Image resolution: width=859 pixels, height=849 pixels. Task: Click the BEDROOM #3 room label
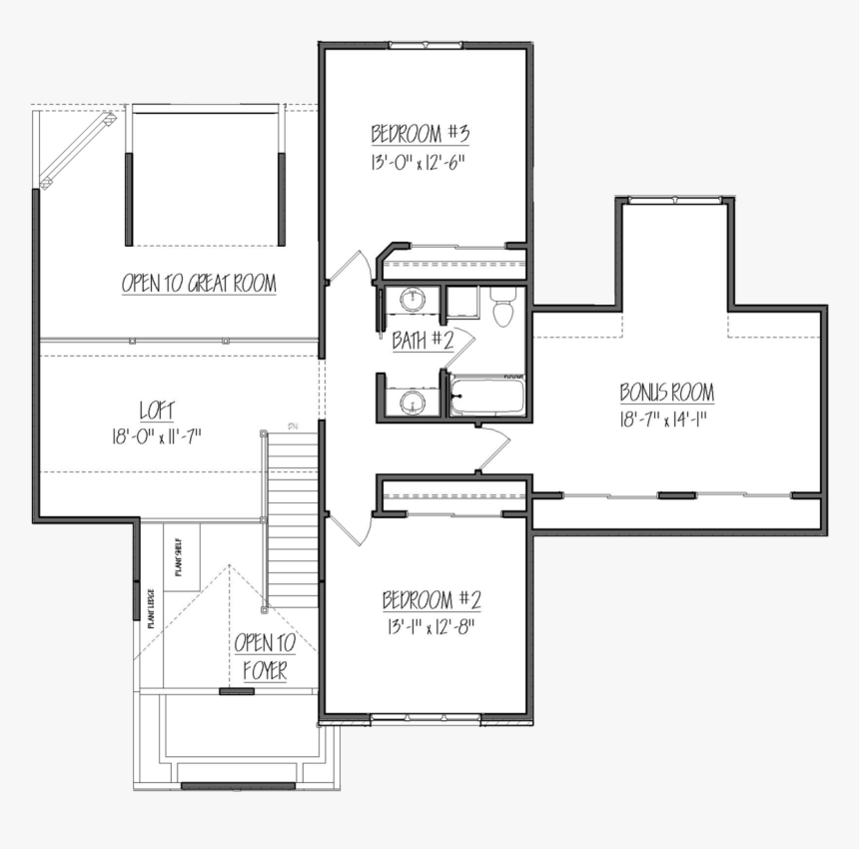point(420,134)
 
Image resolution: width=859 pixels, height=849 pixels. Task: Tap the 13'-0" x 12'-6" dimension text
point(420,161)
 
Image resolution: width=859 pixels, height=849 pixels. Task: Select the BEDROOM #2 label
point(431,600)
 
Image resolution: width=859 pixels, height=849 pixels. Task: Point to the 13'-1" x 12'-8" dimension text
point(429,627)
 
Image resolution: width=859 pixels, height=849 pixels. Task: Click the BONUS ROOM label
point(666,392)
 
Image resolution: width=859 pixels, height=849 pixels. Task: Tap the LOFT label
point(158,410)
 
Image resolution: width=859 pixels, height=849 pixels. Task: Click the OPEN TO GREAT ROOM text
point(199,284)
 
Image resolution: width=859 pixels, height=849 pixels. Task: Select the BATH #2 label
point(422,341)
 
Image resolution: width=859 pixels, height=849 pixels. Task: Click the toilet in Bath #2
point(503,307)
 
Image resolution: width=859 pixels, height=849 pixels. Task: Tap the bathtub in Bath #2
point(487,397)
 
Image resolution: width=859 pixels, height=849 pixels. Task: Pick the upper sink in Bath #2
point(412,298)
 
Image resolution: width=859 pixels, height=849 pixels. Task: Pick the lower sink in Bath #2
point(412,402)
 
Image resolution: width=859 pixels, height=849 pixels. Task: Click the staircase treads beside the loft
point(293,519)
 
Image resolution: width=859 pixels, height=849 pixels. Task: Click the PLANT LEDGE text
point(150,606)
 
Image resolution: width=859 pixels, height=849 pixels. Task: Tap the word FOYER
point(264,671)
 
